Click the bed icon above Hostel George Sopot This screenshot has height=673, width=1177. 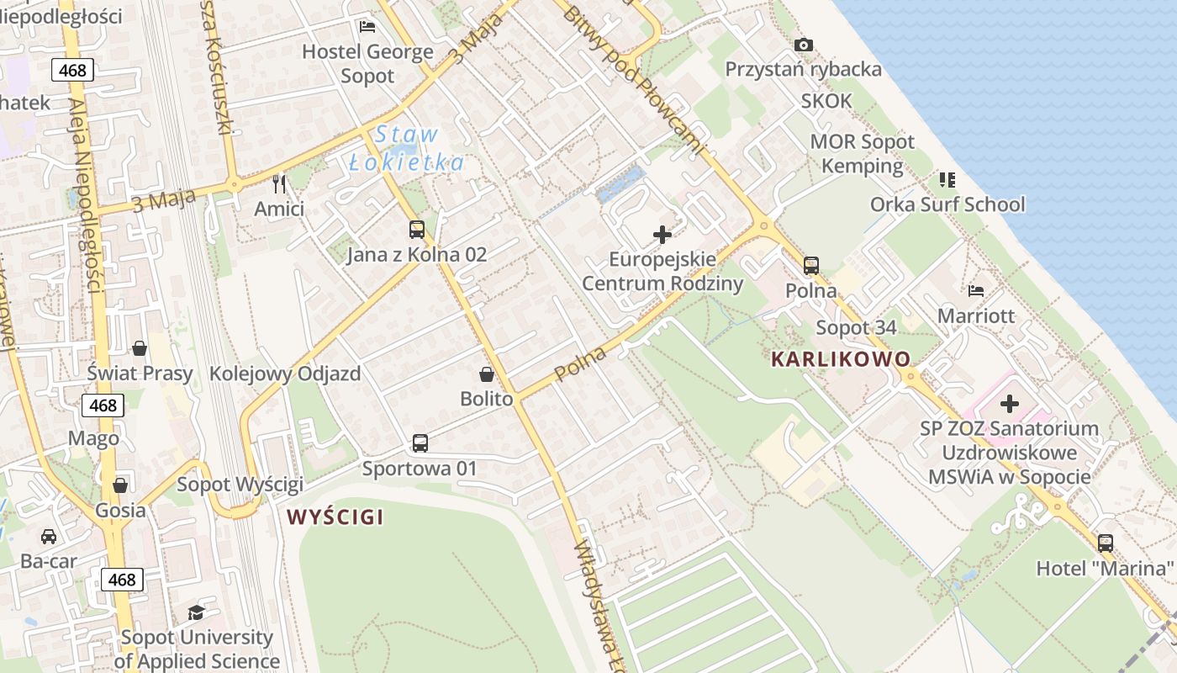click(367, 27)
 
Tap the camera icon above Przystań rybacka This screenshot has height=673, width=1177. click(804, 45)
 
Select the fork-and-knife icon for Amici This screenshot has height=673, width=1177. click(280, 183)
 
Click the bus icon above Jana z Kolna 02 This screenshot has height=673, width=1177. click(416, 229)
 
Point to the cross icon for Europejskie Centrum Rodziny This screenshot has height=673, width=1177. click(662, 235)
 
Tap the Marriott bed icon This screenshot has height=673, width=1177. click(976, 291)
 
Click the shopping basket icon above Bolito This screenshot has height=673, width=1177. click(486, 374)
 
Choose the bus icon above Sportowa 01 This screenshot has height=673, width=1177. click(420, 443)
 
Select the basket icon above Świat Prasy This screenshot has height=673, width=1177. click(140, 348)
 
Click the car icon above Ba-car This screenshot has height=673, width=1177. click(49, 537)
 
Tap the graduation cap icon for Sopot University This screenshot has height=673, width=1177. click(196, 612)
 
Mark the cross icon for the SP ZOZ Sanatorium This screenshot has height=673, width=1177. click(1010, 404)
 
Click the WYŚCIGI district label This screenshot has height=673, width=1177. click(335, 517)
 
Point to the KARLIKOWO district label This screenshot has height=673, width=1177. click(841, 359)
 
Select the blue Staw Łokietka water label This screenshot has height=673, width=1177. click(407, 148)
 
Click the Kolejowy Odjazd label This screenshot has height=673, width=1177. click(285, 374)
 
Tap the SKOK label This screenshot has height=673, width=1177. click(826, 102)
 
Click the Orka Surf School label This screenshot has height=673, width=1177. click(947, 204)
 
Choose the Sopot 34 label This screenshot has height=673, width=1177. click(856, 327)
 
